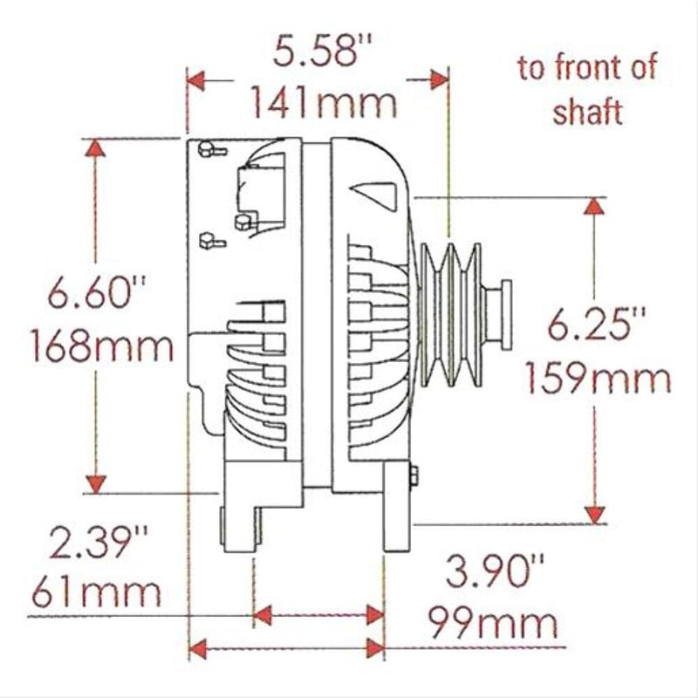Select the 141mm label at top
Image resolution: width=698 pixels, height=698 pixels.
[x=324, y=103]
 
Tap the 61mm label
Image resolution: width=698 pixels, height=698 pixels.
[x=96, y=593]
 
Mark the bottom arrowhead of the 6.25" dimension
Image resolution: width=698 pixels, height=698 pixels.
[x=594, y=513]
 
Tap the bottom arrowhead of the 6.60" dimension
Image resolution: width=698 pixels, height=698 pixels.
[x=96, y=484]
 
